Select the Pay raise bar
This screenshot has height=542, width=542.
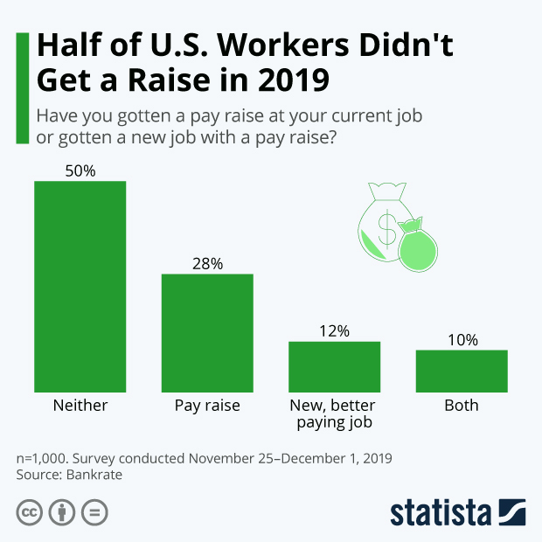coord(207,332)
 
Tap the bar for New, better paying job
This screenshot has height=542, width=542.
coord(335,366)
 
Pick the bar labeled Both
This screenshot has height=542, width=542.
coord(462,371)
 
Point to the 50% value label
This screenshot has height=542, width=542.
coord(80,170)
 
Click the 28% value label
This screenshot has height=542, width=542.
coord(207,263)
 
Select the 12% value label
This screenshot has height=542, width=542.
coord(335,330)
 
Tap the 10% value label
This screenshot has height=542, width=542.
coord(462,339)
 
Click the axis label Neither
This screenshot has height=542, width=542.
coord(80,406)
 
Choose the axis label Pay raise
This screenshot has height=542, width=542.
coord(207,406)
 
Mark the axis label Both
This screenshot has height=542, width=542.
coord(462,406)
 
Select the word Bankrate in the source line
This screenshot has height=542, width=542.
coord(92,475)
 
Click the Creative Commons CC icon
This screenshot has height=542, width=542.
coord(30,512)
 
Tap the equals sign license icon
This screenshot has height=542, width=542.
coord(94,512)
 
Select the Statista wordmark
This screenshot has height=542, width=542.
coord(442,512)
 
